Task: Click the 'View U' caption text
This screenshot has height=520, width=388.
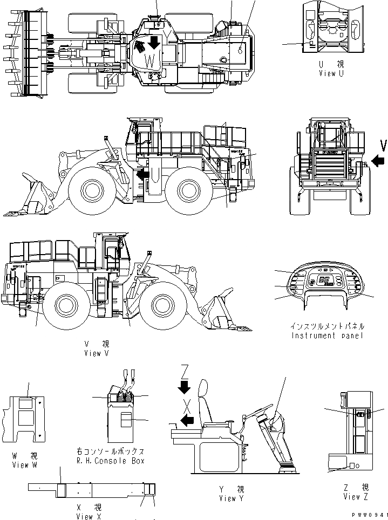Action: tap(331, 72)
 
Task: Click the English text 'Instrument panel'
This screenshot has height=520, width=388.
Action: tap(328, 336)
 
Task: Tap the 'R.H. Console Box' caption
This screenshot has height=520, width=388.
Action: tap(111, 461)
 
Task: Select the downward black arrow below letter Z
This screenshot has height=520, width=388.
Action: tap(185, 386)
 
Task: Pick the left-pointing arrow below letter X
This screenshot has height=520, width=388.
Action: tap(185, 421)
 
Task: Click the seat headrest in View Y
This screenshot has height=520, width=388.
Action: tap(204, 391)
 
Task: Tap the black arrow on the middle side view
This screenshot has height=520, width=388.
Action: tap(142, 174)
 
